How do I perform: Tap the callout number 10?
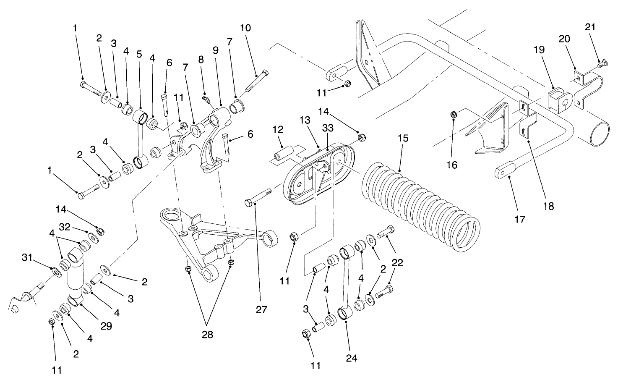point(245,28)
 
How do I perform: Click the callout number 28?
point(207,335)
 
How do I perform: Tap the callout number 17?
point(519,219)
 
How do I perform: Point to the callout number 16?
point(451,165)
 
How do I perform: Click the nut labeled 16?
point(454,114)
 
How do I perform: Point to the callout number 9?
point(215,51)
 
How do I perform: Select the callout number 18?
point(548,206)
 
